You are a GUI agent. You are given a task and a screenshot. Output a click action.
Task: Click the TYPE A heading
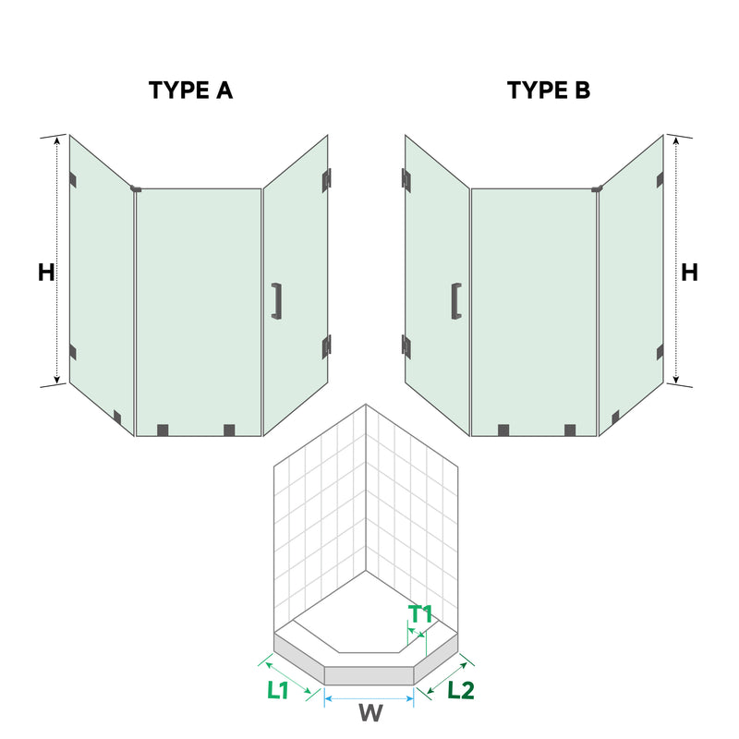click(191, 91)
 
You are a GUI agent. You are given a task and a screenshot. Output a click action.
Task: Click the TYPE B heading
click(548, 91)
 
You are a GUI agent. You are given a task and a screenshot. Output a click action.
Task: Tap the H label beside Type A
click(46, 273)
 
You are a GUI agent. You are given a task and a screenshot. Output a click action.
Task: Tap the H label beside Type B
click(689, 273)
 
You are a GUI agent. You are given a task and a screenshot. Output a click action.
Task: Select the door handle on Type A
click(275, 301)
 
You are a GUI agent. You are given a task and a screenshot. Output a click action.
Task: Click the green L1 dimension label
click(278, 689)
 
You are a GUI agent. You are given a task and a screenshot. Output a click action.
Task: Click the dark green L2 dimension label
click(460, 689)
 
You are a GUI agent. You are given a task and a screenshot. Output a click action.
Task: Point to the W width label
click(369, 713)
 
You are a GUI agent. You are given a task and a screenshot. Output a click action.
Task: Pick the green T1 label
click(421, 613)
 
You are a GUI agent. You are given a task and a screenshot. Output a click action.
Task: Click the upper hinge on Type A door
click(327, 179)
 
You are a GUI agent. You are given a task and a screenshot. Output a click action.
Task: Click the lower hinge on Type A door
click(326, 345)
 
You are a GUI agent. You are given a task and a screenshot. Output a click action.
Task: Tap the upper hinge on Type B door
click(406, 179)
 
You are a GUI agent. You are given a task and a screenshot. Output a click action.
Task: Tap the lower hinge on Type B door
click(406, 345)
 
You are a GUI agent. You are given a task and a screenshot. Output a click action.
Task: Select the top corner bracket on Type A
click(136, 189)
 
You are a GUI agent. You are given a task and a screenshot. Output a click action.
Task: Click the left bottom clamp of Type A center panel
click(164, 430)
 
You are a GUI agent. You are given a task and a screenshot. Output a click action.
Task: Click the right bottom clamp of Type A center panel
click(229, 430)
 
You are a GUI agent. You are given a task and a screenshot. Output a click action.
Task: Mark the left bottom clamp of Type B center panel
click(503, 430)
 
